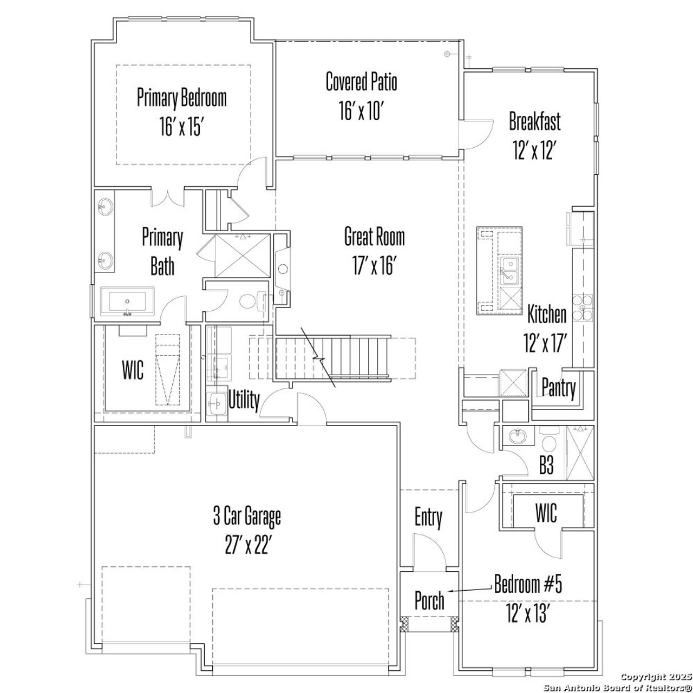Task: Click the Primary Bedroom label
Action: click(x=181, y=98)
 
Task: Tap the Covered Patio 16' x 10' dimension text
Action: click(x=361, y=112)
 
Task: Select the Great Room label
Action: click(x=374, y=237)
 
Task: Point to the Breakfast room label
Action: click(x=534, y=121)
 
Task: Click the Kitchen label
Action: click(x=547, y=314)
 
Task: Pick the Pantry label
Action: click(x=559, y=388)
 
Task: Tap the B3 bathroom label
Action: click(x=547, y=466)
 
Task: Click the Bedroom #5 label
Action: click(x=528, y=585)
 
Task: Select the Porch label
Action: click(x=429, y=600)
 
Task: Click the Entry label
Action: click(x=428, y=518)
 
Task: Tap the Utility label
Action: click(x=244, y=400)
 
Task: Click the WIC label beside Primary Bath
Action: click(x=133, y=371)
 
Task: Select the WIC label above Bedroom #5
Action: click(x=546, y=513)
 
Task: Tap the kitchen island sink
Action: click(x=509, y=269)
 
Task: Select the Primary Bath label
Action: click(x=162, y=252)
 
